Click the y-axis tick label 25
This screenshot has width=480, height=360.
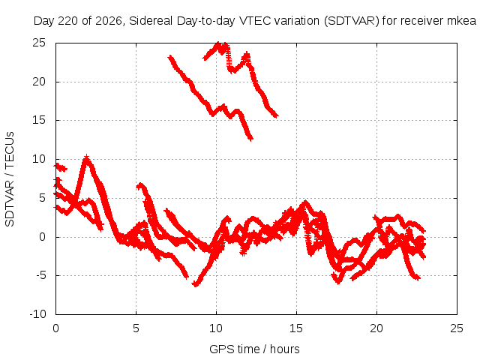(39, 43)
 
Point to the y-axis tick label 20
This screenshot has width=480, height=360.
(39, 82)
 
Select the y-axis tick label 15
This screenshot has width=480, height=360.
(39, 120)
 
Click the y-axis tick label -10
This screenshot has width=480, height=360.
(37, 314)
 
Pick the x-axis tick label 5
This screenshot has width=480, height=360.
(136, 328)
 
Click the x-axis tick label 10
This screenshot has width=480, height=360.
(216, 328)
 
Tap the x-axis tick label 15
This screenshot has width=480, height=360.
(296, 328)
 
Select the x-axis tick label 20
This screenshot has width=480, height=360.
(376, 328)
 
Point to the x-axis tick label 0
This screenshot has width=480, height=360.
(55, 328)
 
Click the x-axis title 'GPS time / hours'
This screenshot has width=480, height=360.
(254, 349)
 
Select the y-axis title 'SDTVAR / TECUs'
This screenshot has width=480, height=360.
(10, 179)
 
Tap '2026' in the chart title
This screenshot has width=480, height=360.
(108, 21)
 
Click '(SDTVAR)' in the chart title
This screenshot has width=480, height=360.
(352, 21)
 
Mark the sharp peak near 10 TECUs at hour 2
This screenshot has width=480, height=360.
(87, 157)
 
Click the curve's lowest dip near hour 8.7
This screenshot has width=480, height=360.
(195, 285)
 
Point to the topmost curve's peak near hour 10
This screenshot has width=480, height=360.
(218, 43)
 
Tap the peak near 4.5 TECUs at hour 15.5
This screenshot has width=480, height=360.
(305, 202)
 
